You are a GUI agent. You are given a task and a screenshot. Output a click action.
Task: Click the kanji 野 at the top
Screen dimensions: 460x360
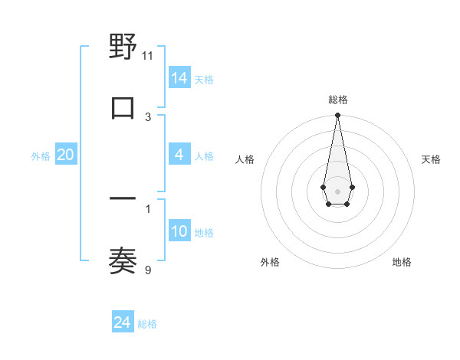click(x=123, y=47)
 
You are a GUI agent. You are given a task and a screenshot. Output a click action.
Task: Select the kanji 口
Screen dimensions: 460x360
click(x=123, y=108)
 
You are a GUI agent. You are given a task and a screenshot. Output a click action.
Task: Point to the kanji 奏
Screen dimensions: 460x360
click(x=123, y=260)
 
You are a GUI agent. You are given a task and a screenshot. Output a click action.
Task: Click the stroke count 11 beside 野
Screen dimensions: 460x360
click(x=148, y=56)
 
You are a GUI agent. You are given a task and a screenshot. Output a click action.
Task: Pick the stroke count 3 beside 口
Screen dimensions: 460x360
click(x=148, y=116)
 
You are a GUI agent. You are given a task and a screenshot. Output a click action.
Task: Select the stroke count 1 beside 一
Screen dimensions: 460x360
click(x=148, y=208)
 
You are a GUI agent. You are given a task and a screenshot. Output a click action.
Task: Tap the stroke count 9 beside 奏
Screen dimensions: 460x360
click(x=148, y=269)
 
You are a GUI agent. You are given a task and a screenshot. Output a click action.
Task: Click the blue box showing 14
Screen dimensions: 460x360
click(x=179, y=77)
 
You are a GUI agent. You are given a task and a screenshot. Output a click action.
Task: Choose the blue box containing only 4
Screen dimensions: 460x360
click(x=179, y=155)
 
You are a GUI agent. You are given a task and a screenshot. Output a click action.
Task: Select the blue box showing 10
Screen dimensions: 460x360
click(x=179, y=231)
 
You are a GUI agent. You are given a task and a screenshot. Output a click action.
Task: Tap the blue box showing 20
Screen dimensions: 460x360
click(x=65, y=155)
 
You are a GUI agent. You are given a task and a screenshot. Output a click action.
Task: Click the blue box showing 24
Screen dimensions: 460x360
click(x=123, y=322)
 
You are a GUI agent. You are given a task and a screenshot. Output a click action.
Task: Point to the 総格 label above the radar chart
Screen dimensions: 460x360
click(x=338, y=100)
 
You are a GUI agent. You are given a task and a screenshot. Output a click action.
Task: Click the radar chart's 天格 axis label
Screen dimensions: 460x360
click(x=431, y=159)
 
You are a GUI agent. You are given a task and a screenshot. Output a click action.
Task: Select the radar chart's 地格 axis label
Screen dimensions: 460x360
click(x=402, y=262)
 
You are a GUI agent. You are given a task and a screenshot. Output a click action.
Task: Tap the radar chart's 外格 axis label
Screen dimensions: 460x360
click(x=270, y=262)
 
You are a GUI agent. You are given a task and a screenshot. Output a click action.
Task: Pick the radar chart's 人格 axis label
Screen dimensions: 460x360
click(x=245, y=159)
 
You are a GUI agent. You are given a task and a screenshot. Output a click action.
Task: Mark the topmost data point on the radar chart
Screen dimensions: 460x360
click(x=337, y=115)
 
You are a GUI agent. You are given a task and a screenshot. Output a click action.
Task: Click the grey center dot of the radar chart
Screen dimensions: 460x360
click(x=337, y=190)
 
